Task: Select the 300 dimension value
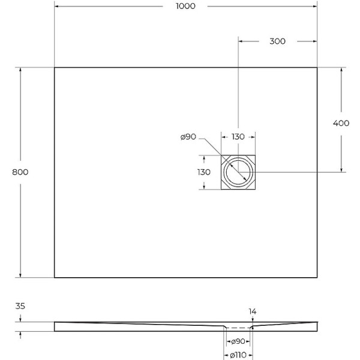[x=277, y=41]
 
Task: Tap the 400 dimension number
[x=341, y=123]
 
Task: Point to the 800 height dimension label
[x=20, y=172]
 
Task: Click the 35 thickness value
[x=20, y=306]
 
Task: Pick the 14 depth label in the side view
[x=253, y=311]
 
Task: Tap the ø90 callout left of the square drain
[x=188, y=137]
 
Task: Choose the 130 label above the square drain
[x=238, y=137]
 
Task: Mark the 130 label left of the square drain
[x=204, y=172]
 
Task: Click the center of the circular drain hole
[x=239, y=173]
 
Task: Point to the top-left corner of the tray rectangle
[x=55, y=67]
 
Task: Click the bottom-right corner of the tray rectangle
[x=317, y=278]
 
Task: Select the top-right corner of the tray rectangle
[x=317, y=67]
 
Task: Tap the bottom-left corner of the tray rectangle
[x=55, y=278]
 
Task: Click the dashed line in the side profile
[x=238, y=328]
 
